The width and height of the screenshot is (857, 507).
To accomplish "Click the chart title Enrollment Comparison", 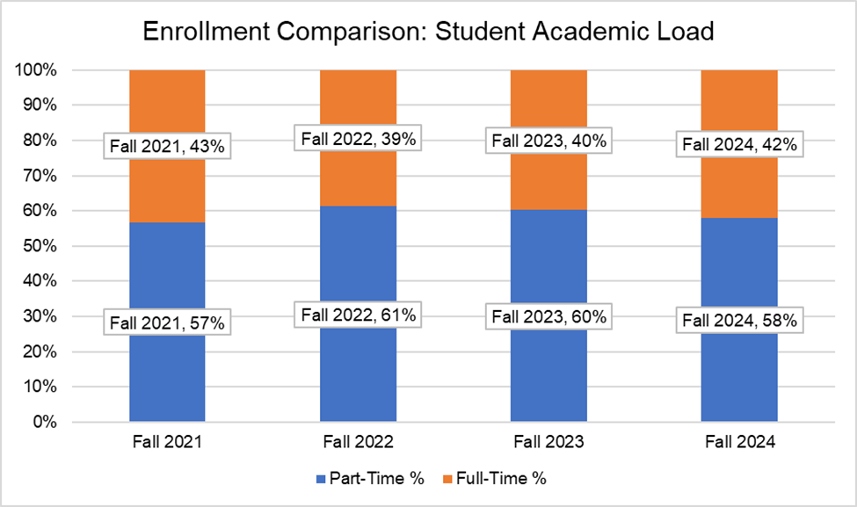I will (428, 32).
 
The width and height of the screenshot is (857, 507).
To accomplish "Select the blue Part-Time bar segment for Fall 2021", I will (167, 378).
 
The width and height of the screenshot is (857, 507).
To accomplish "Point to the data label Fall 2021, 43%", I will (167, 146).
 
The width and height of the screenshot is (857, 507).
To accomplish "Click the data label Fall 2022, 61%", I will (358, 314).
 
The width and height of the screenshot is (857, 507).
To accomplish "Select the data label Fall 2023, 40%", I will (548, 141).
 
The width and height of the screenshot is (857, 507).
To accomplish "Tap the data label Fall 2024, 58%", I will (739, 321).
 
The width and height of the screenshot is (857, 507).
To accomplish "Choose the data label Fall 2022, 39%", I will (358, 138).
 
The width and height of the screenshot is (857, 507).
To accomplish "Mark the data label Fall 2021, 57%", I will (167, 322).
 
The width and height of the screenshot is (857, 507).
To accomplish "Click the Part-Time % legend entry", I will (369, 479).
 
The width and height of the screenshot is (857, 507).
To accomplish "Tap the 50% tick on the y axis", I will (40, 247).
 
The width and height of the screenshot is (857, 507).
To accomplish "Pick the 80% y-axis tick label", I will (40, 141).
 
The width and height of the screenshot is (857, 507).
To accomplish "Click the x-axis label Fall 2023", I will (548, 443).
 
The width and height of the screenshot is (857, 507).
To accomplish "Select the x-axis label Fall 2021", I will (167, 443).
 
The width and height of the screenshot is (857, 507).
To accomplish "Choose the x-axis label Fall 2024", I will (739, 443).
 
